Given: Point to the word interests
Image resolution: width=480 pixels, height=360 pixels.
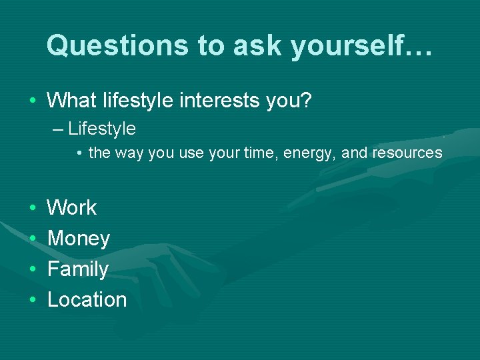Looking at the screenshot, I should click(231, 101).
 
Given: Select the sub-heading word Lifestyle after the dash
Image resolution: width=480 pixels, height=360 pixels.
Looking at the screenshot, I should click(102, 128).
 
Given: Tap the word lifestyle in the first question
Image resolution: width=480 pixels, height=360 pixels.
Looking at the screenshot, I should click(144, 101).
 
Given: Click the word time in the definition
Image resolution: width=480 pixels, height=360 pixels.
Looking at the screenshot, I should click(261, 153).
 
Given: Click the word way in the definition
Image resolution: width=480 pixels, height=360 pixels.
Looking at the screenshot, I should click(129, 153).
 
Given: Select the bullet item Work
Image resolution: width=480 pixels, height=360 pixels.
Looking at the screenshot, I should click(72, 207).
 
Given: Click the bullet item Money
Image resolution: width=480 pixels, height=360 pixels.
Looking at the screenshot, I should click(79, 238).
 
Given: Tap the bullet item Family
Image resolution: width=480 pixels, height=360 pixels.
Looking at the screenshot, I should click(78, 269).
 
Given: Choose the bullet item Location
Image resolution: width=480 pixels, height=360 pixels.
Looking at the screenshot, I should click(87, 300).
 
